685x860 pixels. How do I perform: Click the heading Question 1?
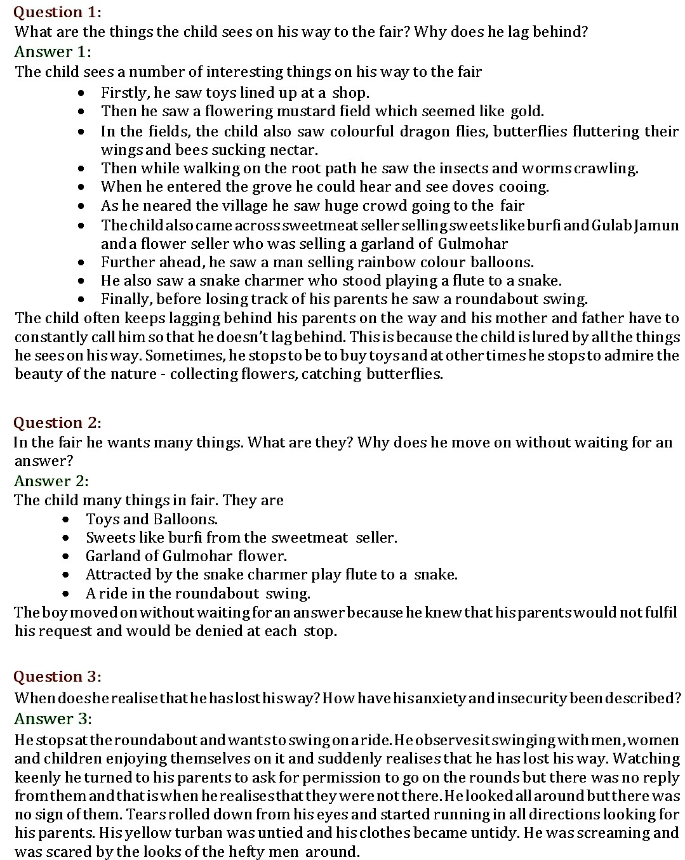pyautogui.click(x=57, y=12)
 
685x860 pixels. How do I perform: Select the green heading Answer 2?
pyautogui.click(x=51, y=480)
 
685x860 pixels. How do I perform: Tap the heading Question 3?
pyautogui.click(x=57, y=677)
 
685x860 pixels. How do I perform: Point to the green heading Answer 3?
pyautogui.click(x=53, y=718)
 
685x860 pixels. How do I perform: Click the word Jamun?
pyautogui.click(x=656, y=226)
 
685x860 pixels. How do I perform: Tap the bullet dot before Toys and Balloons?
pyautogui.click(x=67, y=520)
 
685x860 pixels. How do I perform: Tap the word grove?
pyautogui.click(x=221, y=187)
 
